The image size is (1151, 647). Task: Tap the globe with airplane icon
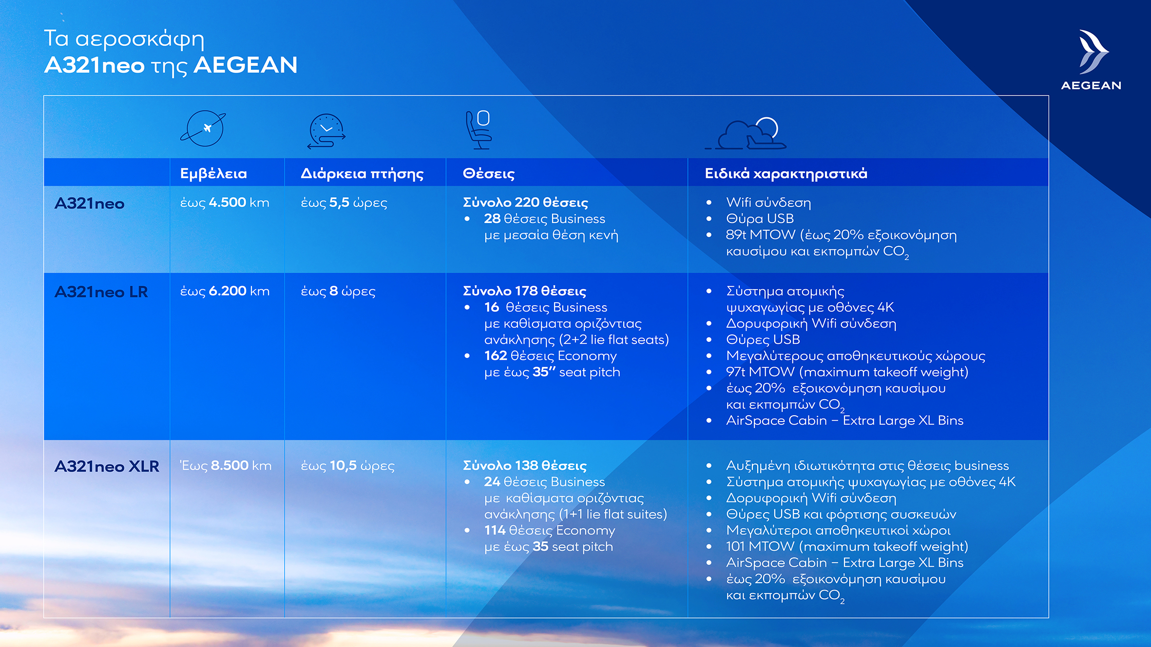coord(203,129)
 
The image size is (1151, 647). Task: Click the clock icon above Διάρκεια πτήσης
coord(326,130)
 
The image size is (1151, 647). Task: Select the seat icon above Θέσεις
coord(479,129)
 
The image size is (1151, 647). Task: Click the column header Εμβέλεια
coord(213,173)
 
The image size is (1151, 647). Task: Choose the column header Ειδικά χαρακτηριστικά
coord(786,173)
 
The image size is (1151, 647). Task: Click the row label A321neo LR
coord(101,292)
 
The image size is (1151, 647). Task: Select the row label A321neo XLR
coord(107,466)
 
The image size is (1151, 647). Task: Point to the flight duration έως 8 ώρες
coord(338,291)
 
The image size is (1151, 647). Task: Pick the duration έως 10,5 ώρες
coord(347,466)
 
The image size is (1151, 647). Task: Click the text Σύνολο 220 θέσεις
coord(525,203)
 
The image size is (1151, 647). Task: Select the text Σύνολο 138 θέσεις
coord(524,466)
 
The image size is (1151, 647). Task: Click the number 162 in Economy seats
coord(495,356)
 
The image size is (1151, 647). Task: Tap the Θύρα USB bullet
coord(759,219)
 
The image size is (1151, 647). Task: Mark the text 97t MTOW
coord(760,372)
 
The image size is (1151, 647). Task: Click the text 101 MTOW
coord(760,546)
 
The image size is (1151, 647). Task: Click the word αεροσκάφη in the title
coord(140,39)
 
